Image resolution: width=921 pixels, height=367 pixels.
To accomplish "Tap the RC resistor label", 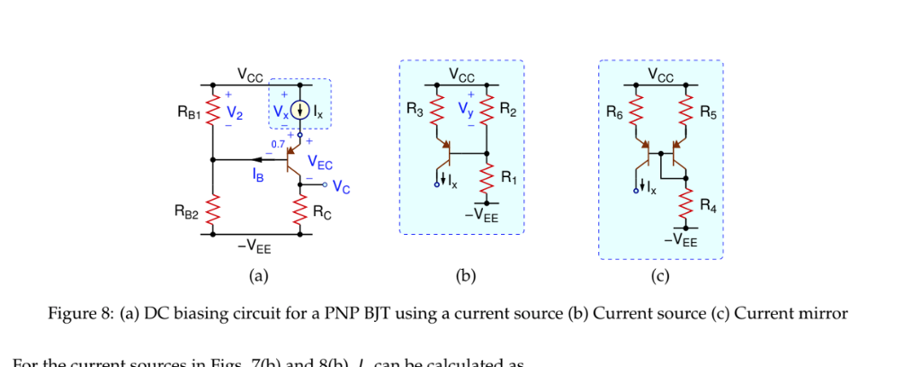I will click(x=322, y=213).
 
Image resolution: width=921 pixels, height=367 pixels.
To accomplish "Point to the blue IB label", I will click(x=258, y=176).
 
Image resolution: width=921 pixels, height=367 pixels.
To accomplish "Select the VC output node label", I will click(x=341, y=187).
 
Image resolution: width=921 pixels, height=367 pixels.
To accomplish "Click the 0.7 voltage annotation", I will click(x=278, y=143).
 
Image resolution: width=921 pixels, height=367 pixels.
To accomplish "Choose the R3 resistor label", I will click(x=415, y=112).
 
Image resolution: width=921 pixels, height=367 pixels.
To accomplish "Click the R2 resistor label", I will click(x=508, y=112).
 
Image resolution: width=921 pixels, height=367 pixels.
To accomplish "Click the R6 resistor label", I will click(x=614, y=113).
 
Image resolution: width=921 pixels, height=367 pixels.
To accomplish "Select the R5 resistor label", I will click(x=708, y=113).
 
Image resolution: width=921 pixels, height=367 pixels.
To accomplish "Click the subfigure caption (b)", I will click(x=465, y=276).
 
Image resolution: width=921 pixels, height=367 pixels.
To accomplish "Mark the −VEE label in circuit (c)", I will click(x=680, y=241).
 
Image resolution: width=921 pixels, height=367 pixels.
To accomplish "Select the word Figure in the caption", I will click(x=71, y=313).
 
